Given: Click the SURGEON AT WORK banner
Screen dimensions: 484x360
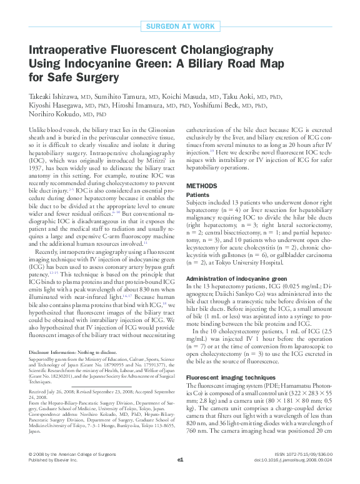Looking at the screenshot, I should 179,26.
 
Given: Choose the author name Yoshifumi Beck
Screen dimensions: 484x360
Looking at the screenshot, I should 253,106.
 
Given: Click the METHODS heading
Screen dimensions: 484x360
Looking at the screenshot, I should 202,186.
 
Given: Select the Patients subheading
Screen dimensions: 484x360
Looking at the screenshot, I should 201,195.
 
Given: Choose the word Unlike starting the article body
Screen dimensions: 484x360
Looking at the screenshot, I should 39,127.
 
